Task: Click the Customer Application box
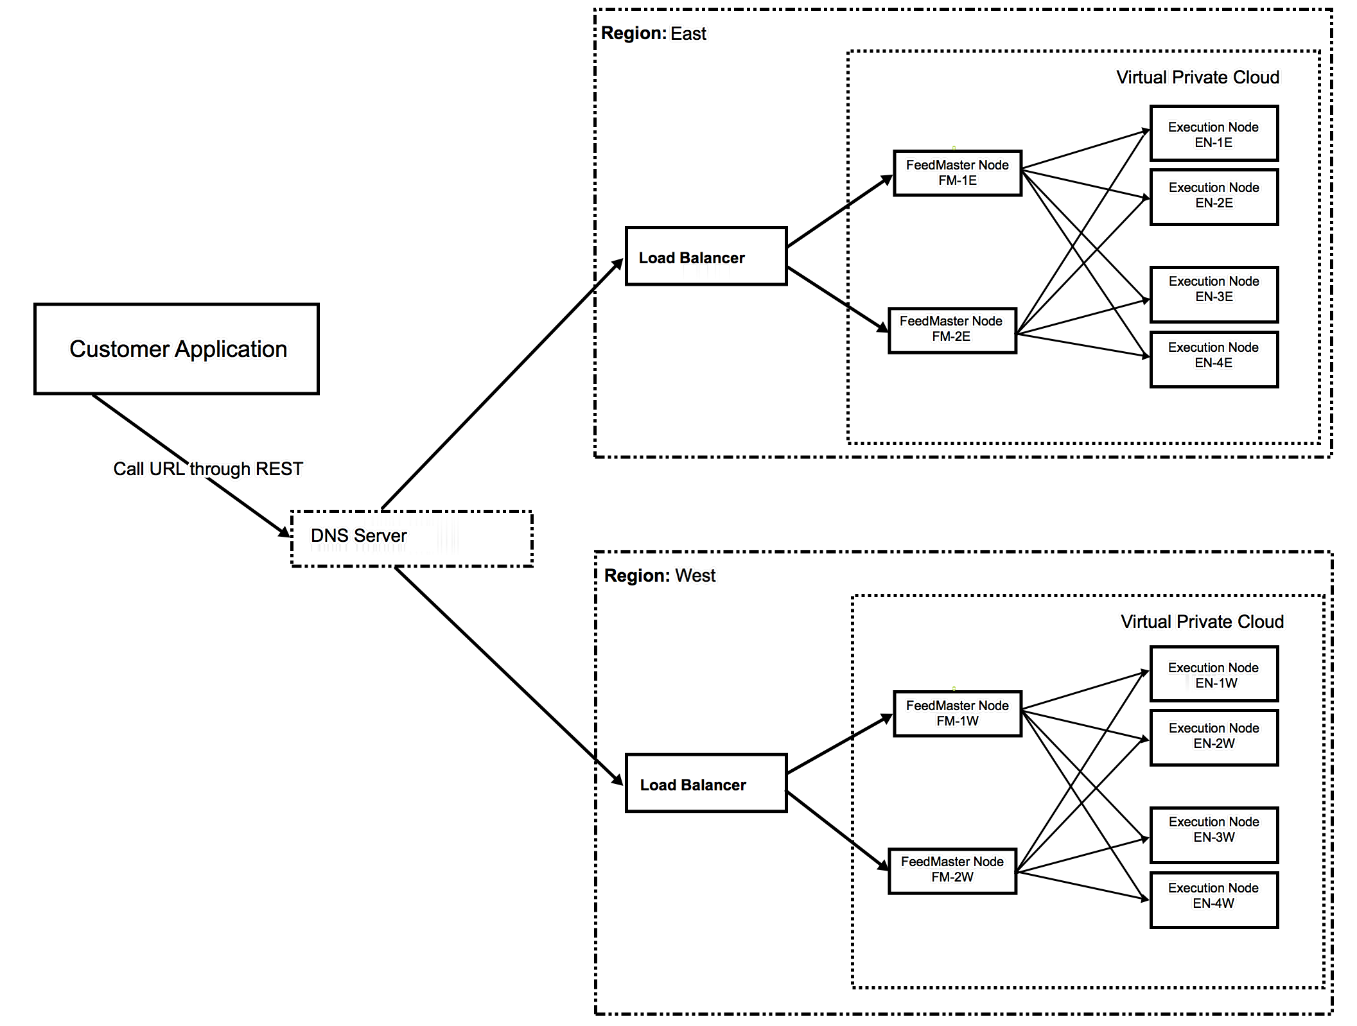(x=177, y=349)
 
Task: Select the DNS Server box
(x=412, y=538)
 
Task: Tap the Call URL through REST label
(x=208, y=469)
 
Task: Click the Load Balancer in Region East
(x=706, y=256)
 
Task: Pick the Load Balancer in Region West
(x=706, y=783)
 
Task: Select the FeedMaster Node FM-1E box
(x=957, y=173)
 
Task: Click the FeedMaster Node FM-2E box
(x=952, y=329)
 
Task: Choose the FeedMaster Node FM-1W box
(x=957, y=713)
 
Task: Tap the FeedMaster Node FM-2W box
(x=952, y=870)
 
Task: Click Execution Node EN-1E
(x=1213, y=134)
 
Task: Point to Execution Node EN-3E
(x=1213, y=294)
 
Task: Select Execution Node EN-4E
(x=1213, y=360)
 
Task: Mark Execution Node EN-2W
(x=1213, y=737)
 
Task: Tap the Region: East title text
(x=653, y=33)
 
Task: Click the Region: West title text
(x=660, y=575)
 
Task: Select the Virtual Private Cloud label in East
(x=1197, y=78)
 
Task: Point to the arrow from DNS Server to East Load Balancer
(x=501, y=385)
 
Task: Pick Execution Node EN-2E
(x=1213, y=196)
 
